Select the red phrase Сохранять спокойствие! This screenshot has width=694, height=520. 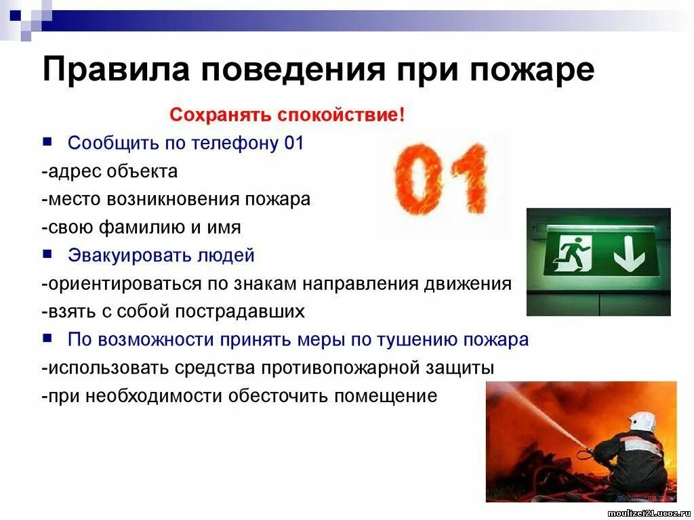click(x=287, y=114)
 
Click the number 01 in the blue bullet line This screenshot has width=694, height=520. click(x=293, y=143)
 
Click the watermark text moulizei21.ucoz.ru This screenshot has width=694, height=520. click(x=650, y=513)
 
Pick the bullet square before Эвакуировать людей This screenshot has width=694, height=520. click(x=47, y=255)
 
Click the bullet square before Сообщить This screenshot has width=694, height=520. click(x=47, y=142)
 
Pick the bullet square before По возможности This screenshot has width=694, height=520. click(x=47, y=339)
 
